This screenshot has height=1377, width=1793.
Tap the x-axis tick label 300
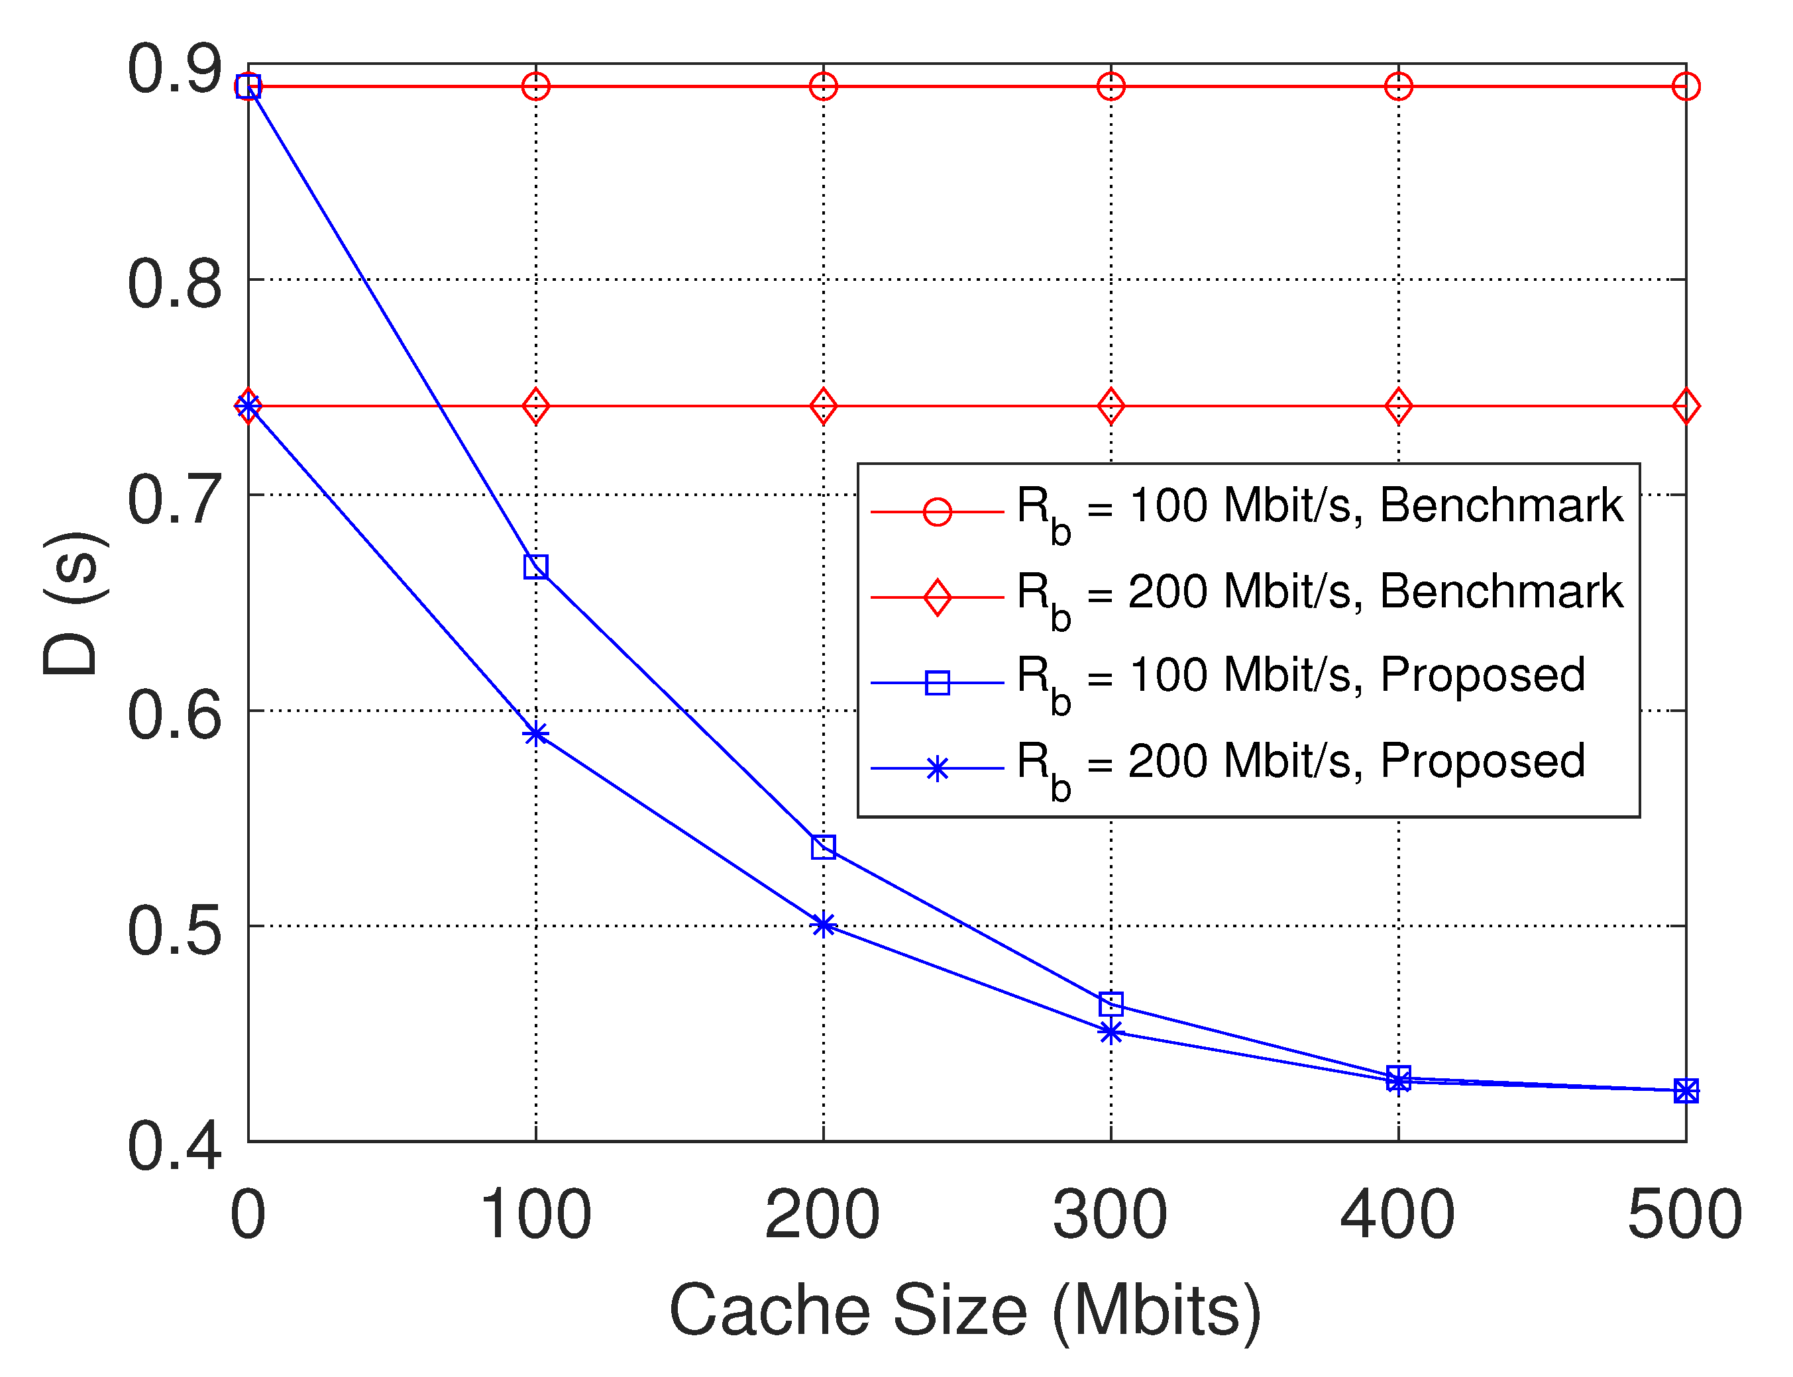click(x=1110, y=1214)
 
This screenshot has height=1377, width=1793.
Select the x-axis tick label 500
click(x=1685, y=1214)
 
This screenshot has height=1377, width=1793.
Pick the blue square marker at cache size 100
click(x=535, y=566)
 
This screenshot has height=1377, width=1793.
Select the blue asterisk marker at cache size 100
click(x=535, y=734)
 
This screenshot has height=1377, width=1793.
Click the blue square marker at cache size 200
click(x=823, y=846)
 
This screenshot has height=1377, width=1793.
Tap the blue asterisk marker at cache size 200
click(x=823, y=925)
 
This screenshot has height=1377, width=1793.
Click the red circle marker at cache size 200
click(x=823, y=86)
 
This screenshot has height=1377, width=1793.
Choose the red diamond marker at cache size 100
click(x=535, y=406)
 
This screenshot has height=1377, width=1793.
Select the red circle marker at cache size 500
click(x=1686, y=86)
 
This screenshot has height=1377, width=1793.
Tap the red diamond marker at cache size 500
click(x=1686, y=406)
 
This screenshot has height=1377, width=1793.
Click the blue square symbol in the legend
click(x=937, y=683)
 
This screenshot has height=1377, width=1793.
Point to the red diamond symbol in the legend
click(x=937, y=597)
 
